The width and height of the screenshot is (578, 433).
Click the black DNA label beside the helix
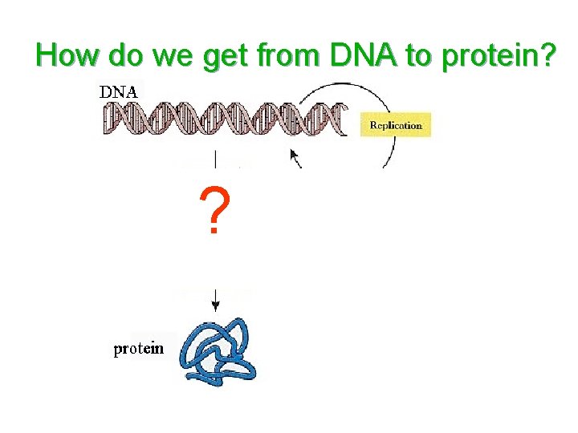(118, 91)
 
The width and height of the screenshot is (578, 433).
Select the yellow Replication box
(395, 125)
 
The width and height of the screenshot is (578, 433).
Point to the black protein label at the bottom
(139, 349)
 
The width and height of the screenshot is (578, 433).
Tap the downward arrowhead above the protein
(215, 307)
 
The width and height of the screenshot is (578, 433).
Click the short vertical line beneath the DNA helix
(214, 158)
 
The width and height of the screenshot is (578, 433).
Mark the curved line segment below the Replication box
(389, 157)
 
